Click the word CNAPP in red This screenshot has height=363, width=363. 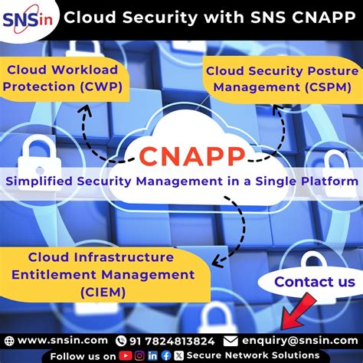tap(192, 155)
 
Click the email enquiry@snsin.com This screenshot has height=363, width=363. tap(299, 339)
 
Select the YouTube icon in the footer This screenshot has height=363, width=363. tap(123, 355)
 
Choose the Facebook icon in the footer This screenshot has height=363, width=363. tap(165, 355)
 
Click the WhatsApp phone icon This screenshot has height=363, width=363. tap(120, 339)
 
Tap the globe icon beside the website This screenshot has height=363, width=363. tap(9, 339)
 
